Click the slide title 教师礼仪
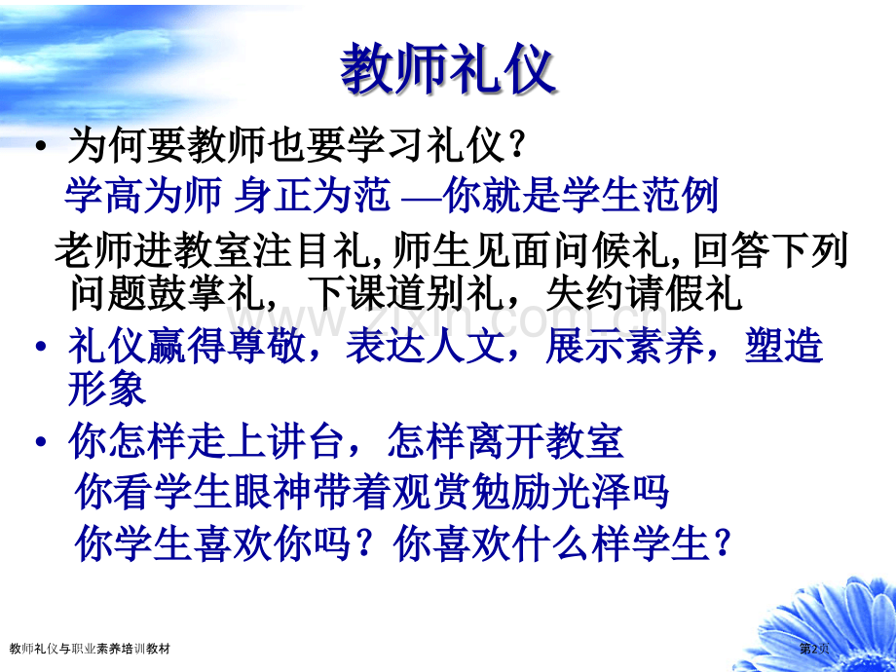click(447, 72)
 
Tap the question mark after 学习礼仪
click(517, 149)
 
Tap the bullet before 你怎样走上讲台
click(40, 444)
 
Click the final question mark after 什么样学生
click(722, 542)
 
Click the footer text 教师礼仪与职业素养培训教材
click(89, 648)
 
